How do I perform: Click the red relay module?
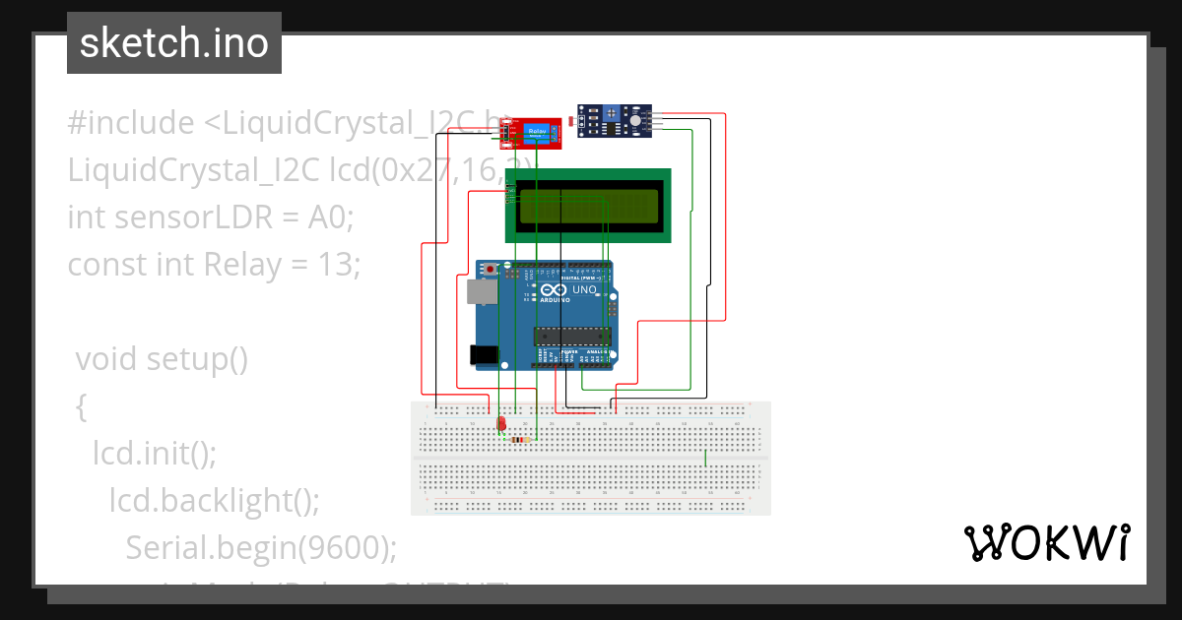(x=533, y=133)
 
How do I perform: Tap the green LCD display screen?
(x=588, y=206)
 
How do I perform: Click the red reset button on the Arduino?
(x=491, y=269)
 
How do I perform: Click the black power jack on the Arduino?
(x=483, y=354)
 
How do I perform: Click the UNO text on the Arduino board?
(x=584, y=290)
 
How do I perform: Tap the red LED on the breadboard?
(x=502, y=423)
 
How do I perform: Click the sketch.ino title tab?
(x=174, y=43)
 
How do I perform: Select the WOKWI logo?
(x=1046, y=542)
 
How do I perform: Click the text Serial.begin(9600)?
(x=261, y=547)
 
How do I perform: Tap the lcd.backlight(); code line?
(x=215, y=500)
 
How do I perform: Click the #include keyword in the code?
(x=131, y=123)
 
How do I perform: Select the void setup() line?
(x=163, y=359)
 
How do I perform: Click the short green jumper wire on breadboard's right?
(x=705, y=459)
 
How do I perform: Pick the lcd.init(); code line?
(x=155, y=453)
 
